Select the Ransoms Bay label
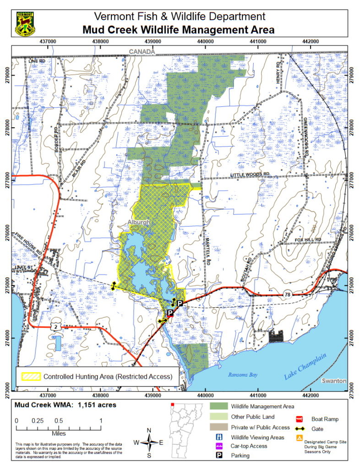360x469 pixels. pyautogui.click(x=243, y=375)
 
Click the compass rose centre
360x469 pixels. pyautogui.click(x=149, y=442)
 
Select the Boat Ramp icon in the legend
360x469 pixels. pyautogui.click(x=301, y=419)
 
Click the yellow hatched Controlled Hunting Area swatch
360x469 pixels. pyautogui.click(x=31, y=377)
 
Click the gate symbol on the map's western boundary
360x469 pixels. pyautogui.click(x=113, y=286)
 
